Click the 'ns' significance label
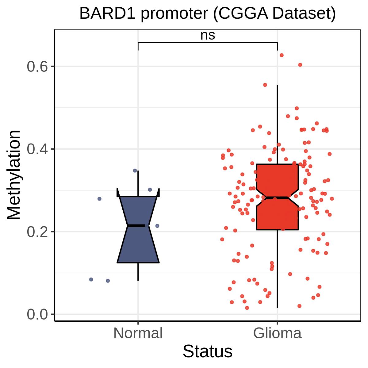coord(208,36)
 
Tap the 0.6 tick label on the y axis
coord(37,67)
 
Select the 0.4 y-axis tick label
coord(37,149)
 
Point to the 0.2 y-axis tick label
coord(37,232)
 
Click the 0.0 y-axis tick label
coord(37,314)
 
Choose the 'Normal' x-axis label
coord(138,333)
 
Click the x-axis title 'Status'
coord(208,351)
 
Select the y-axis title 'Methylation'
coord(14,175)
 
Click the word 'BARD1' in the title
coord(107,13)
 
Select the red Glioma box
coord(277,197)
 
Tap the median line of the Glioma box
coord(277,198)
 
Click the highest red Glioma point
coord(282,56)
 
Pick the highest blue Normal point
coord(135,171)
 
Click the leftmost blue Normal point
coord(91,280)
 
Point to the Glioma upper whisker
coord(277,124)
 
